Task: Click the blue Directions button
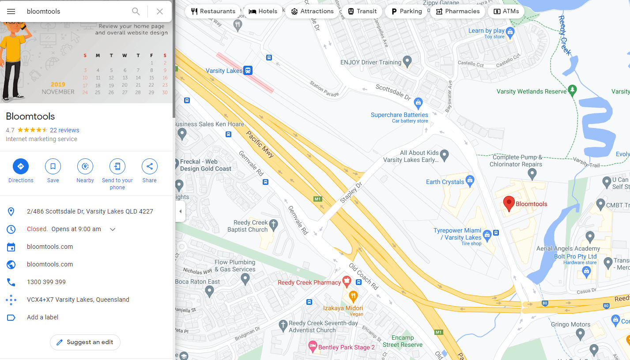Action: (20, 166)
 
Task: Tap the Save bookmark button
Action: (53, 166)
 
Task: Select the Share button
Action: (149, 166)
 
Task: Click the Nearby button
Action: (85, 166)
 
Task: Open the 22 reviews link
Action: (64, 130)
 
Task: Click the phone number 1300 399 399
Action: (46, 282)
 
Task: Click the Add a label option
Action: (42, 317)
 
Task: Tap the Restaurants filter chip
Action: (213, 11)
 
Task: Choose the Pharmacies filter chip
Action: (458, 11)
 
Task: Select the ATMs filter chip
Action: (506, 11)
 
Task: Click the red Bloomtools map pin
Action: (509, 203)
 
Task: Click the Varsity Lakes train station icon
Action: (248, 71)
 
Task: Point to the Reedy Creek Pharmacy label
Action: (309, 282)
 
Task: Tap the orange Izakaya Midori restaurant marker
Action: (353, 296)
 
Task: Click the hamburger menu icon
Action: (11, 11)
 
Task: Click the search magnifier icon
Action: (136, 11)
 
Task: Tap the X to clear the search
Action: (160, 11)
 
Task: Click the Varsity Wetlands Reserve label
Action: (531, 91)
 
